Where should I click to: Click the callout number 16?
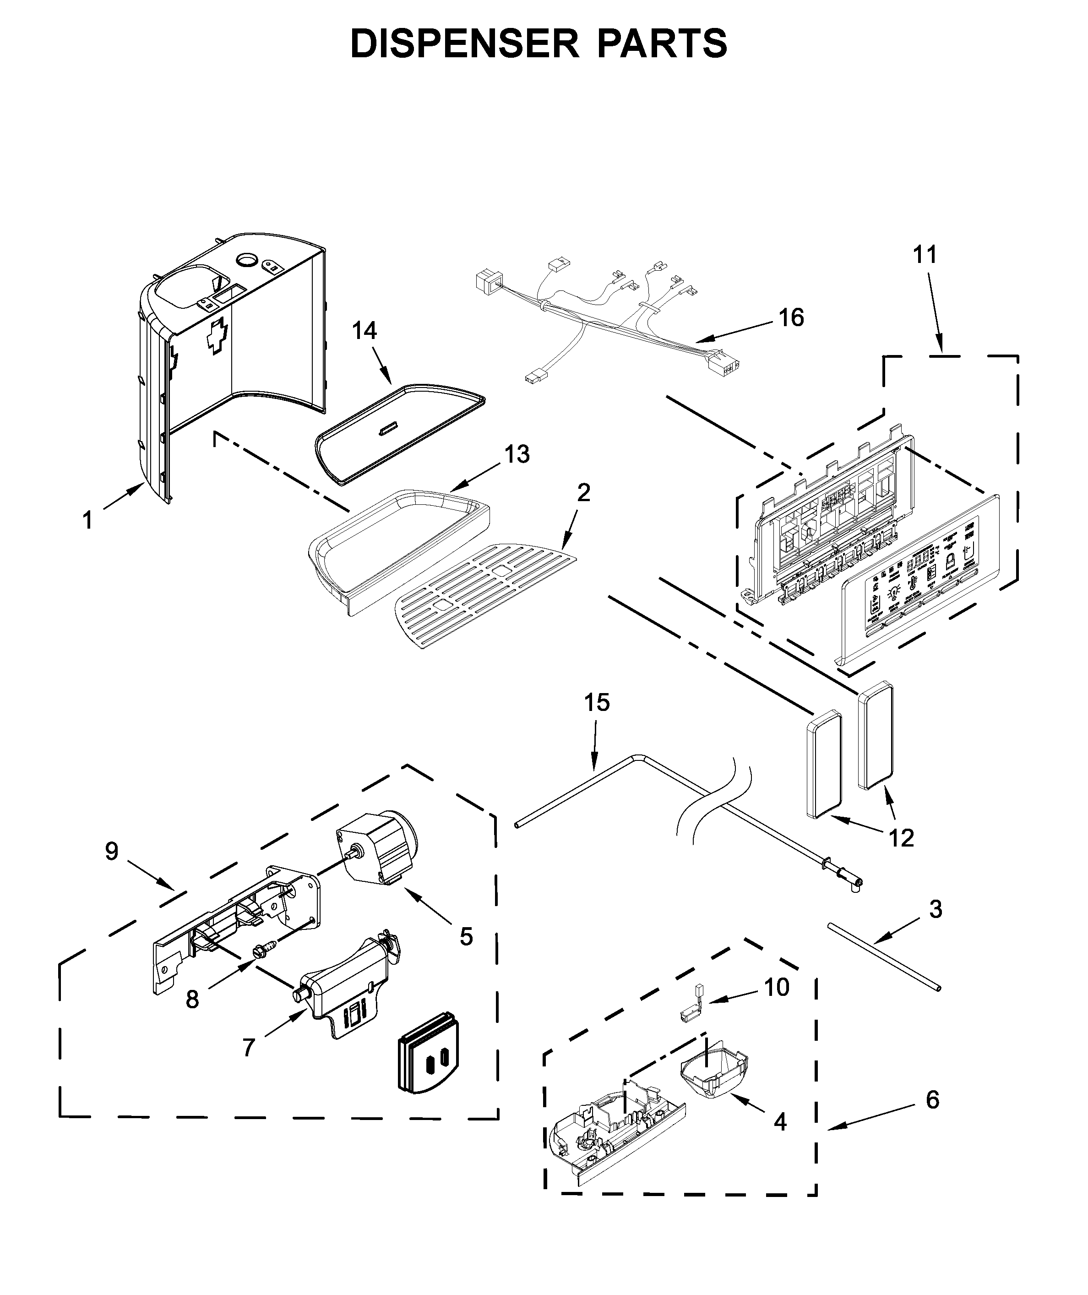pos(791,318)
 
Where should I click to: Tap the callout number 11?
pos(925,254)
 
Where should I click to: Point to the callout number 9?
pos(112,852)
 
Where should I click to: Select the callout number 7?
pos(249,1048)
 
